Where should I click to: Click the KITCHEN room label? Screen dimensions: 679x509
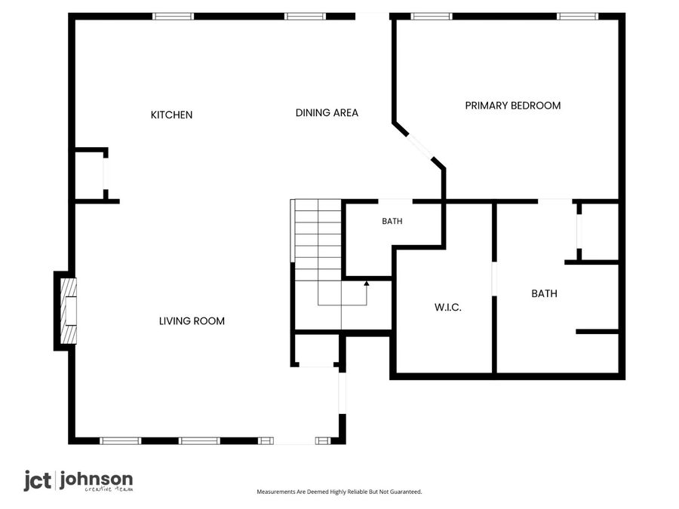[x=171, y=115]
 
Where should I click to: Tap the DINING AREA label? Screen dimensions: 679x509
[x=327, y=113]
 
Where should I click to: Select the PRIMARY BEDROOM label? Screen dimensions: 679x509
[x=513, y=106]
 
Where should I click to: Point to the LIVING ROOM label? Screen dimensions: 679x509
[x=192, y=321]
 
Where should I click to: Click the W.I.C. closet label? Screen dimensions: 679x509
[x=447, y=308]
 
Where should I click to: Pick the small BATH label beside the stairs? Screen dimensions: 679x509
[x=392, y=221]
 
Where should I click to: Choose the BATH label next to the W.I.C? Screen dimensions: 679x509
[x=544, y=293]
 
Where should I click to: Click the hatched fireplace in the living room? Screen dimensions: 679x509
[x=68, y=311]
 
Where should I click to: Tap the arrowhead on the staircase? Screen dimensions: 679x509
[x=367, y=284]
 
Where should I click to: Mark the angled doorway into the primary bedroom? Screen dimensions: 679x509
[x=420, y=148]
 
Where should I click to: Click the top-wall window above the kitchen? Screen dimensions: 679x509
[x=174, y=17]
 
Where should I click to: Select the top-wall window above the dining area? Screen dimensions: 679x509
[x=305, y=17]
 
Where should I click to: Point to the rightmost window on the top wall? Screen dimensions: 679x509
[x=577, y=17]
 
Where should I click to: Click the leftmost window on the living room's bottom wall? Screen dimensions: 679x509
[x=121, y=441]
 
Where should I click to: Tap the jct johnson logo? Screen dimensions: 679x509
[x=78, y=481]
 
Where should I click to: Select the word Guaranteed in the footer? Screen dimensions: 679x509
[x=406, y=492]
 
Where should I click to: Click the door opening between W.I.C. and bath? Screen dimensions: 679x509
[x=494, y=279]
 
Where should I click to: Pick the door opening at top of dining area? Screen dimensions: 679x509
[x=373, y=17]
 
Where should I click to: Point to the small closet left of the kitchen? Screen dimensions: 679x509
[x=89, y=176]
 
